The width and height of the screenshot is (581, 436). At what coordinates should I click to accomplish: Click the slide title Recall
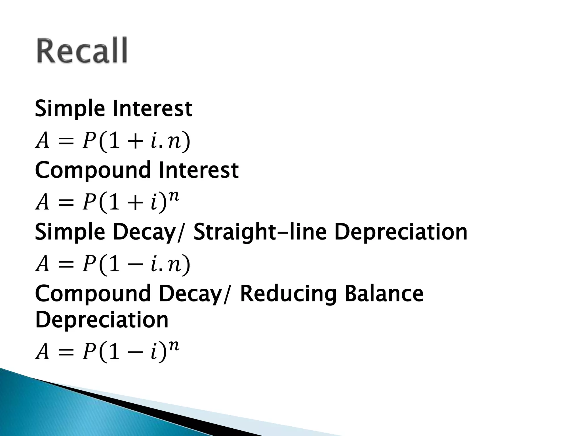pos(82,51)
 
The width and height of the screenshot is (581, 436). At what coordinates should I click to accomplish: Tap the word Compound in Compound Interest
pos(92,170)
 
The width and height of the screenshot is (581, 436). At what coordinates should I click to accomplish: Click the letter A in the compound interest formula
pos(43,203)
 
